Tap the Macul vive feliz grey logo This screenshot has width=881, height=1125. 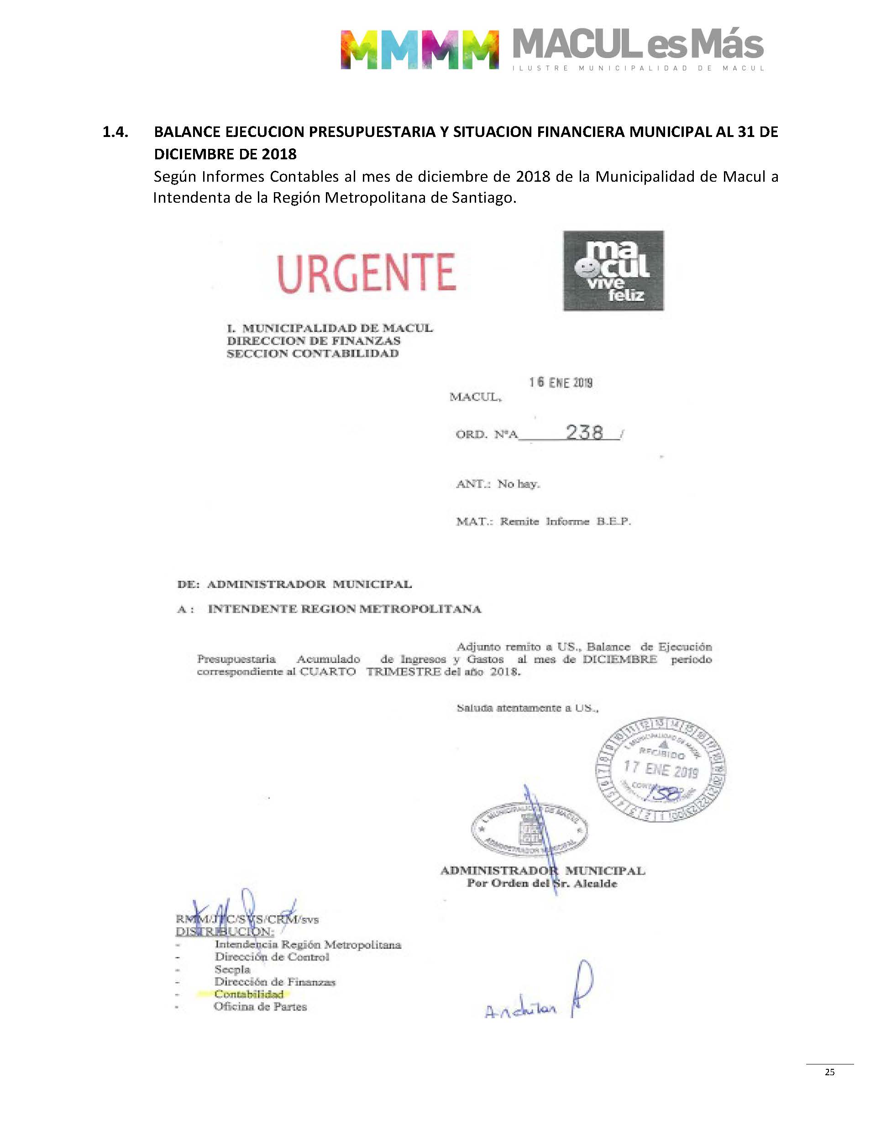point(614,271)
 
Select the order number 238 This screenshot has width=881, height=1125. point(584,432)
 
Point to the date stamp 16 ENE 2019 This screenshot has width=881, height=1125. point(560,382)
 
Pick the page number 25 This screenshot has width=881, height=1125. point(829,1072)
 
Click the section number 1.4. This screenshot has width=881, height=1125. point(115,132)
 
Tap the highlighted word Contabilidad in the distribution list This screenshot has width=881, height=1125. point(249,994)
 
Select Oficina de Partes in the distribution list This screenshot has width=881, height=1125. point(260,1006)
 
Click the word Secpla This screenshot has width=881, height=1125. point(232,969)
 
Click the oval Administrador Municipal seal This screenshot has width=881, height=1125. point(529,831)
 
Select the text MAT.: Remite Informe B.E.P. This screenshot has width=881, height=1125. point(543,521)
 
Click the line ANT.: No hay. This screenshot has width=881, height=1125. point(498,484)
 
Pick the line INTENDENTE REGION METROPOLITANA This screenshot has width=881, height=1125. point(345,609)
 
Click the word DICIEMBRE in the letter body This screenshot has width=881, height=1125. point(619,659)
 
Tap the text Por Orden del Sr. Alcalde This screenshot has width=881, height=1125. point(541,883)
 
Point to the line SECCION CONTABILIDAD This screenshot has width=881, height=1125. point(313,354)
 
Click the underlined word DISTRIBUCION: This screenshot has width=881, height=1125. point(225,931)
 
